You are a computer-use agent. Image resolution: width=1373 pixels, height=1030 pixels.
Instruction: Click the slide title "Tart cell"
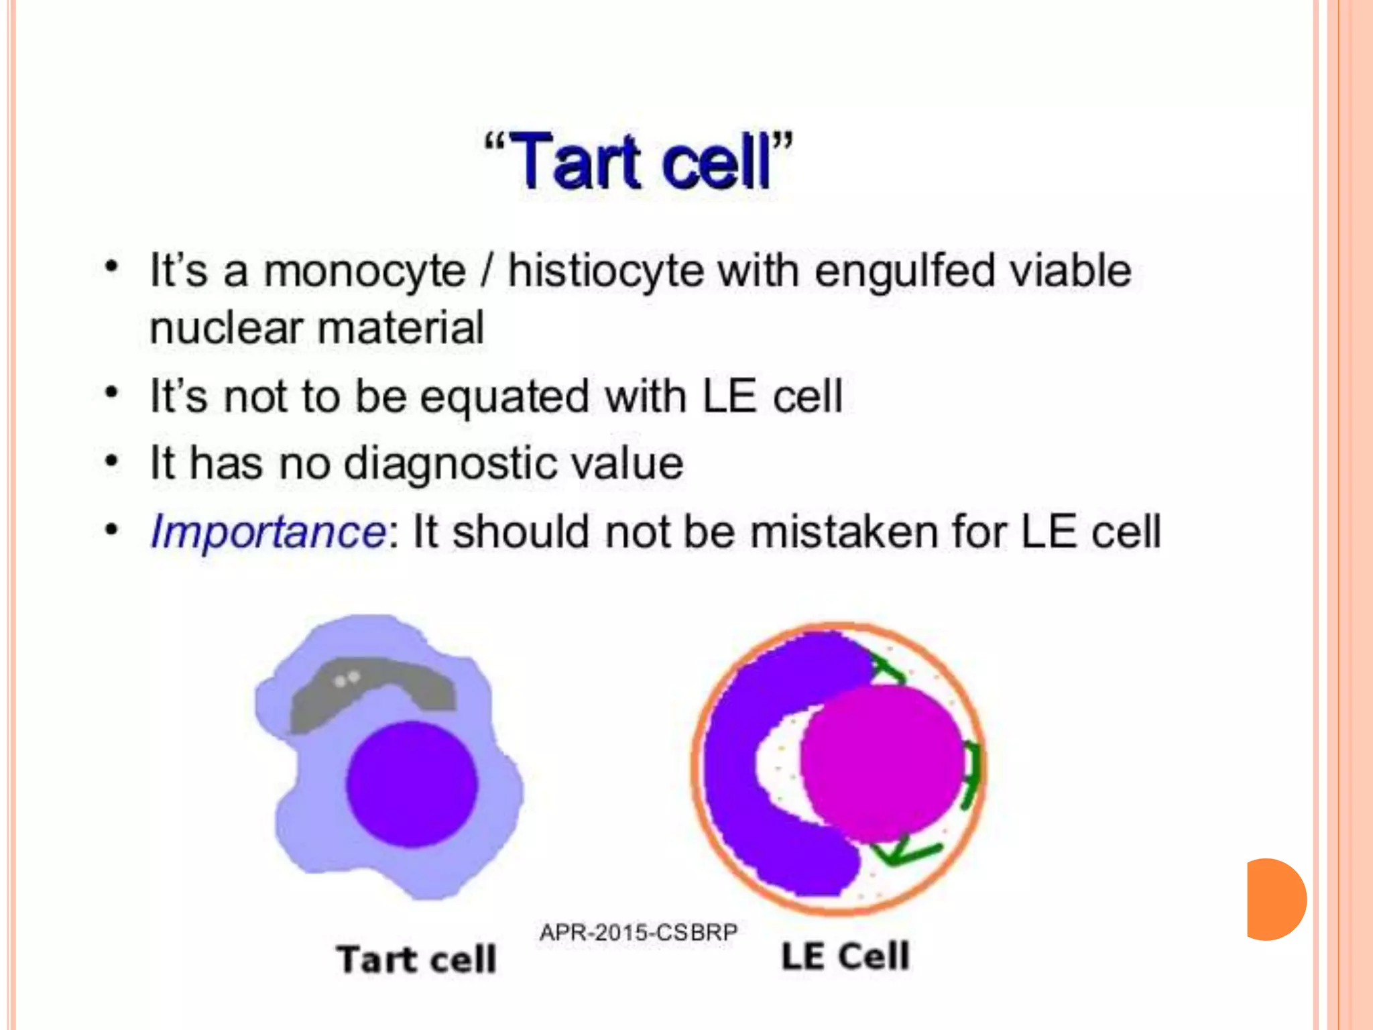coord(638,161)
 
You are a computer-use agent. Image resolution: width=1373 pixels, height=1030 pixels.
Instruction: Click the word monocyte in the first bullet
coord(364,272)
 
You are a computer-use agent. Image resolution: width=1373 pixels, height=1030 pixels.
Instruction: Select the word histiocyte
coord(605,272)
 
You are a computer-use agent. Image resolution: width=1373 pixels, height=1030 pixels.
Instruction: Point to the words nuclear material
coord(316,329)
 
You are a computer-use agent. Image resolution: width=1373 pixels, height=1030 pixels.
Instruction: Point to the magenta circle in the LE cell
coord(882,764)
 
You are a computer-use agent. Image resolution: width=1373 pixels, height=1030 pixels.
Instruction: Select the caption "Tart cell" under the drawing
coord(416,959)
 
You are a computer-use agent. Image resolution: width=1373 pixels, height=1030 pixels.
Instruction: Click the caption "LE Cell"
coord(845,956)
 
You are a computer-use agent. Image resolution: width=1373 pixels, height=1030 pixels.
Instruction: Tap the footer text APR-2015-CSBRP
coord(638,932)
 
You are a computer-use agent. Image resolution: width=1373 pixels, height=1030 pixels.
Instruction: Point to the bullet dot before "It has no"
coord(112,462)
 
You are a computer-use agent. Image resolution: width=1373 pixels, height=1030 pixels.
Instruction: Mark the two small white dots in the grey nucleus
coord(347,679)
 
